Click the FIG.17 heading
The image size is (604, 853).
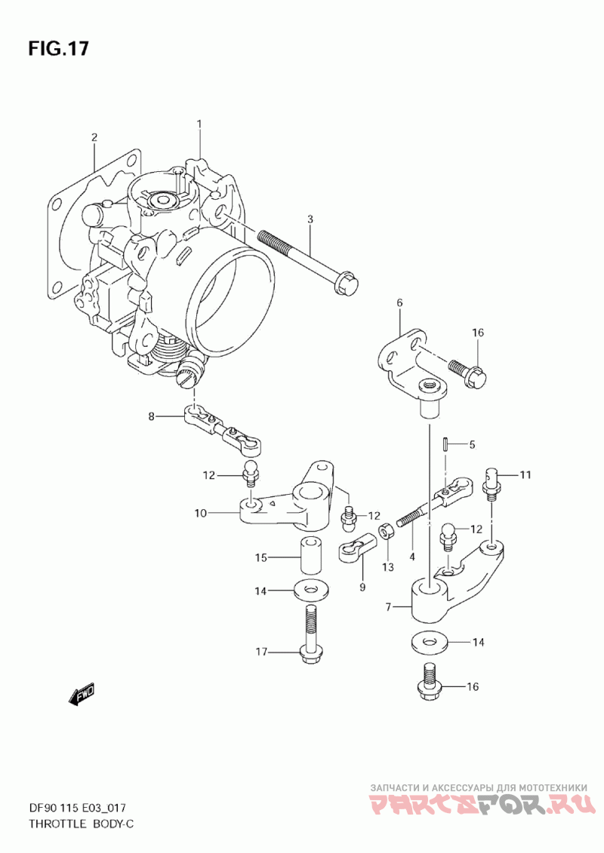(x=58, y=48)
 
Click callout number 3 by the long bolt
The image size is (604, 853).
(x=310, y=219)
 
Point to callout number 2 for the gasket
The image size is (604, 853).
(x=94, y=137)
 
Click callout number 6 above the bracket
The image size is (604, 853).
(x=399, y=302)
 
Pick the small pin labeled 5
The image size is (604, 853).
(x=445, y=444)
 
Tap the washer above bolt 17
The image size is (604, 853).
(x=308, y=591)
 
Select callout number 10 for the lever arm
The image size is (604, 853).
(x=200, y=513)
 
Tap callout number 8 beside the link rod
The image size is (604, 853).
(x=152, y=417)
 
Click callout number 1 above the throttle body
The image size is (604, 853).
(x=199, y=124)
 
